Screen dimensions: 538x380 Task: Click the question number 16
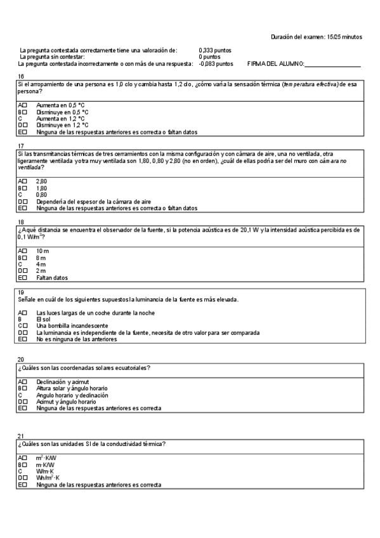pos(20,75)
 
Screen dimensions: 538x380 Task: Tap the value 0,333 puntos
pos(215,50)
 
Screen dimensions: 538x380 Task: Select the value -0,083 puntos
pos(216,63)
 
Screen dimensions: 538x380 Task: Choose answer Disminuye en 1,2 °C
pos(62,125)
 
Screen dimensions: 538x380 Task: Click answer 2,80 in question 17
pos(41,181)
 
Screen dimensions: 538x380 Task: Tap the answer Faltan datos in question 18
pos(52,277)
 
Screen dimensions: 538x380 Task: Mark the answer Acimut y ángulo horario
pos(66,402)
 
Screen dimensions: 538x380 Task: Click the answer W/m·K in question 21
pos(45,471)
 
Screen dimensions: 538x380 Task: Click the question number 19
pos(20,292)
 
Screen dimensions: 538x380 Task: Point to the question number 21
pos(20,436)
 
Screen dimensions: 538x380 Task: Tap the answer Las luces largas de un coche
pos(95,313)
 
